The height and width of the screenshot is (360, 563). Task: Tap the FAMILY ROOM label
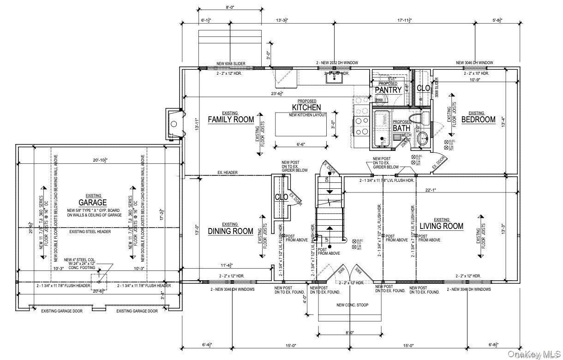(231, 120)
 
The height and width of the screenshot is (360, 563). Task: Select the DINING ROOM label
(230, 231)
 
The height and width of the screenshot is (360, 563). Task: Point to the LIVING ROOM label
(441, 226)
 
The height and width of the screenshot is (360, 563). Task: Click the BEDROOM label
(479, 119)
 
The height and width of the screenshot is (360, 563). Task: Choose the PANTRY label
(388, 90)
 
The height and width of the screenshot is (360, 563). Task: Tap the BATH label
(401, 127)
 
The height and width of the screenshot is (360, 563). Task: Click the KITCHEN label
(306, 107)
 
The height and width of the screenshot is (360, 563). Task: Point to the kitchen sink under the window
(333, 78)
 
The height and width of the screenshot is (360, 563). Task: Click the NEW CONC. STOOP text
(352, 305)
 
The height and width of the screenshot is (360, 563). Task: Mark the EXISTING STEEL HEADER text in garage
(90, 232)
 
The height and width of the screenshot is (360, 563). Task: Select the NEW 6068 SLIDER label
(231, 63)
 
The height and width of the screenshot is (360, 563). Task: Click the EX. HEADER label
(228, 173)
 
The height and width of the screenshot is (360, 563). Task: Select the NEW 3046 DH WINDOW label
(474, 63)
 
